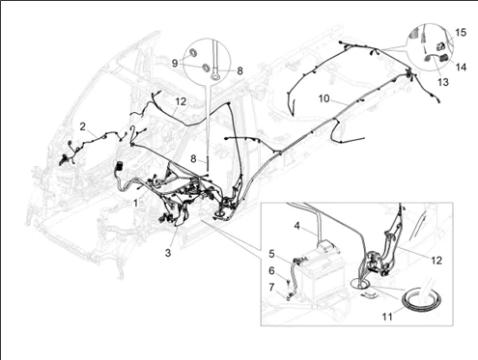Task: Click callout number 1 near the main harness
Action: (136, 204)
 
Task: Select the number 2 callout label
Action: (83, 126)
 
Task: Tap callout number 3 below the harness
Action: (168, 253)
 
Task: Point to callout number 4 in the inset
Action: (296, 226)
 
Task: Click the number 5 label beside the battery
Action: (271, 254)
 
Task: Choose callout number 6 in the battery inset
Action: (271, 271)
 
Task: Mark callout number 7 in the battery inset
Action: (271, 287)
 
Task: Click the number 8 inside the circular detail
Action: (239, 70)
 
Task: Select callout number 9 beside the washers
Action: (175, 63)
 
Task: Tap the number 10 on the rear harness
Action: (324, 98)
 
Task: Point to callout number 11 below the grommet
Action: (387, 317)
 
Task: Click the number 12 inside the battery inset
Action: (436, 261)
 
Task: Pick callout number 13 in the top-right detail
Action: (443, 82)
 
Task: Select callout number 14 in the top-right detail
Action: (461, 67)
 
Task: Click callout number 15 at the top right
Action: (461, 33)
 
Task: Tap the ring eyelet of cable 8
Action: (214, 76)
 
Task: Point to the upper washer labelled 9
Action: (193, 53)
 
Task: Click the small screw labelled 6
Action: (288, 282)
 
